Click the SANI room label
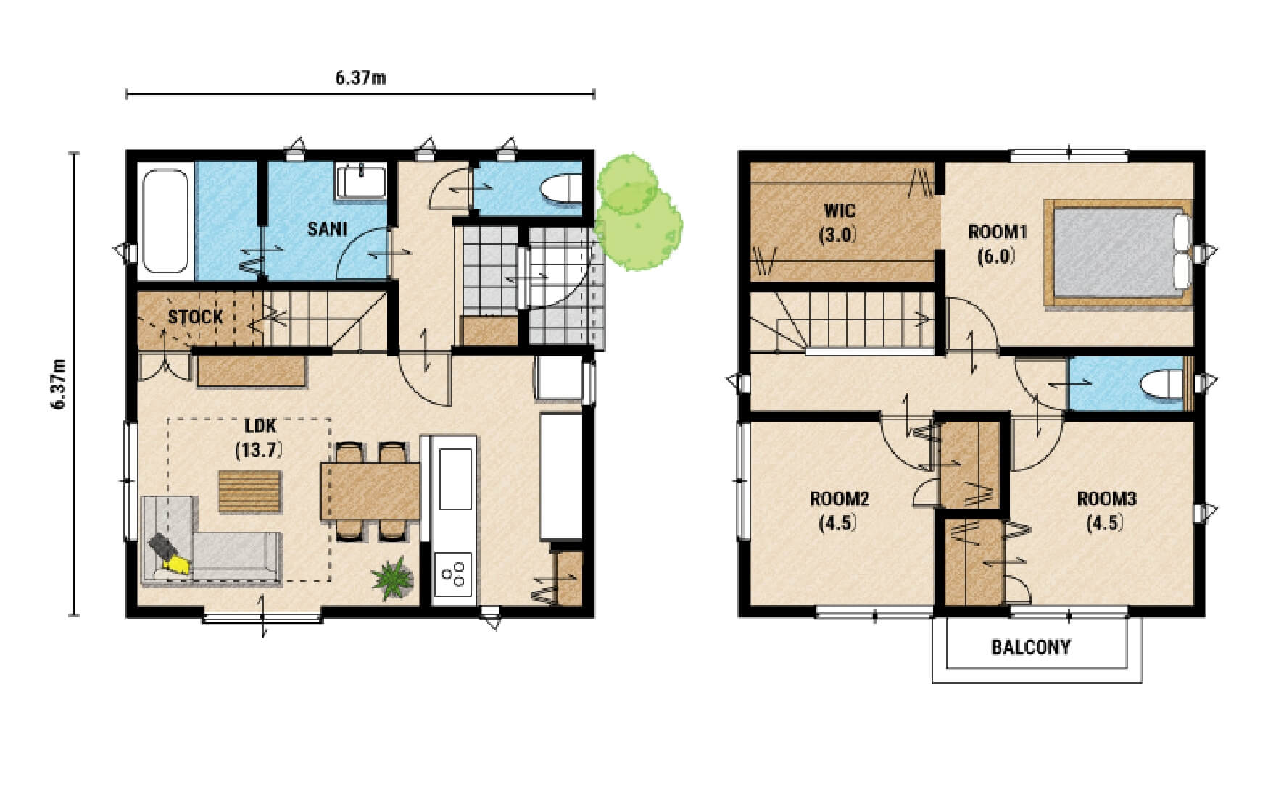[327, 229]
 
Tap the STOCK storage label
[196, 317]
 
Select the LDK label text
[260, 426]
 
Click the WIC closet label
[840, 211]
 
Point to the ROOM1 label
[998, 232]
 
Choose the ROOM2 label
[840, 498]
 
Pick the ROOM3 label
[1106, 498]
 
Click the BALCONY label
[1031, 647]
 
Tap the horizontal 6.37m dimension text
[360, 78]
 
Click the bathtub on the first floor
[165, 221]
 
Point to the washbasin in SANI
[360, 181]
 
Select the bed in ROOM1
[1118, 254]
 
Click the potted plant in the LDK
[393, 577]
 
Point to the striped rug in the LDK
[249, 492]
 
